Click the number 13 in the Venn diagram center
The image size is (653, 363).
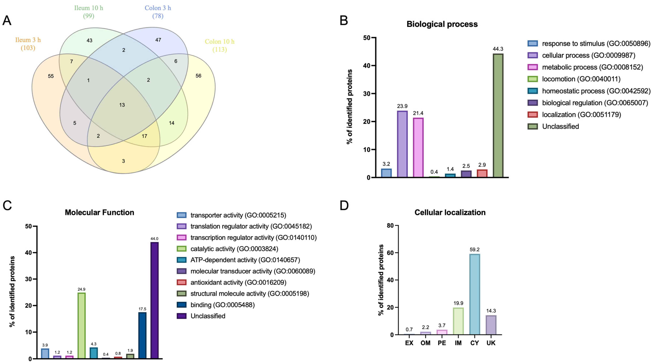click(122, 105)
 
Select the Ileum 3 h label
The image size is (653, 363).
click(28, 40)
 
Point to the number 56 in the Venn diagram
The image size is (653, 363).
click(198, 76)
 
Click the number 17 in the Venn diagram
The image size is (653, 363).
click(144, 136)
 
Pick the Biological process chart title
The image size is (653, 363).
click(442, 24)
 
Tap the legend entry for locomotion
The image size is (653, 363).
click(581, 79)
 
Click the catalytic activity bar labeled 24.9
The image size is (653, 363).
click(81, 326)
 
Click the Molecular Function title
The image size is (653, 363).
click(99, 212)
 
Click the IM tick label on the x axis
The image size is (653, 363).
click(458, 343)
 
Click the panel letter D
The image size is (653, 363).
click(344, 205)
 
